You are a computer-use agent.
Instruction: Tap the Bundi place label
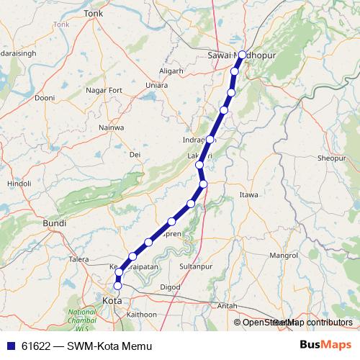(55, 224)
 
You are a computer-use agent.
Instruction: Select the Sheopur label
(331, 157)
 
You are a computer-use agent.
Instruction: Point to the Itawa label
(249, 194)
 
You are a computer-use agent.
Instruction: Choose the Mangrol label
(283, 256)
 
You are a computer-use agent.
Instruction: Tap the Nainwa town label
(112, 127)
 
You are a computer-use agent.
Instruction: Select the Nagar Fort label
(104, 90)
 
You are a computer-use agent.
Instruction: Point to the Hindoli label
(19, 184)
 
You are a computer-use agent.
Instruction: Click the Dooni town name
(45, 98)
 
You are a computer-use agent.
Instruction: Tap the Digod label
(170, 287)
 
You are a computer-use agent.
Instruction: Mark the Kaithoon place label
(141, 315)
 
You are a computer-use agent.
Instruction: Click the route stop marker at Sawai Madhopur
(242, 55)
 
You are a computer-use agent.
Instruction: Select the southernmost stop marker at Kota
(118, 286)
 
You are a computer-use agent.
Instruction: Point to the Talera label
(78, 259)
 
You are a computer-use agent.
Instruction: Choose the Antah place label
(228, 306)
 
